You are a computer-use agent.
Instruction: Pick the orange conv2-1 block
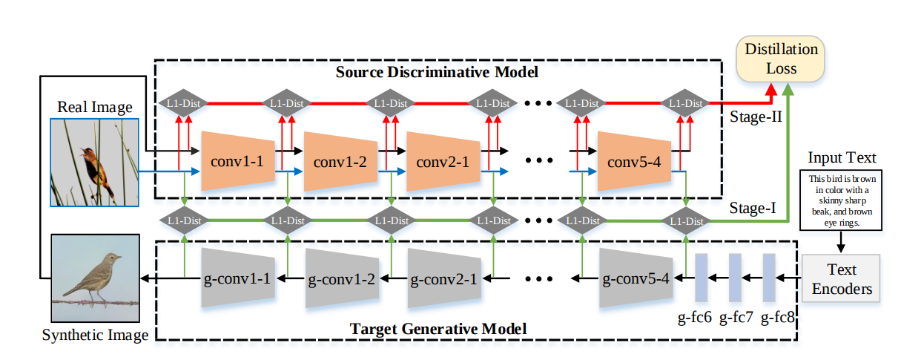click(x=439, y=161)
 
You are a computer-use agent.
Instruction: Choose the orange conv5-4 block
click(x=632, y=161)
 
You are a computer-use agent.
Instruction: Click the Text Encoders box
click(x=842, y=278)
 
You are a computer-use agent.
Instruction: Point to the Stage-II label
click(x=753, y=117)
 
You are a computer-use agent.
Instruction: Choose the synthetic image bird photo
click(x=95, y=278)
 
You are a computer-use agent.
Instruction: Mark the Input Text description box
click(x=842, y=200)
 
